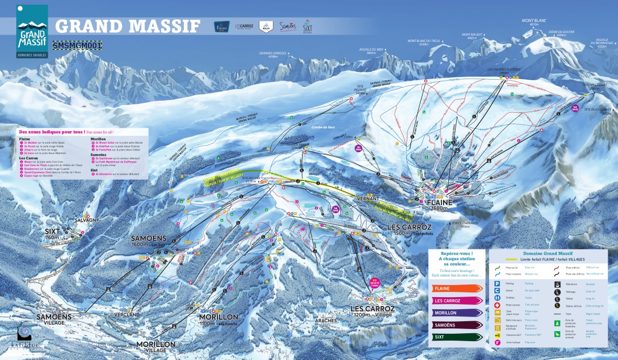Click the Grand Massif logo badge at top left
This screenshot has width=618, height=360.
(32, 32)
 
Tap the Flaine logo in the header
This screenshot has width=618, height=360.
(222, 26)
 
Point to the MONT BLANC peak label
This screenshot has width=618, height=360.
(534, 21)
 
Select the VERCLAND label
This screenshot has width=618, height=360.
(127, 314)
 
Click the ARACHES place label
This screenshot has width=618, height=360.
(325, 320)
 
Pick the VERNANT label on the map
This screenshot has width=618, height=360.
(367, 199)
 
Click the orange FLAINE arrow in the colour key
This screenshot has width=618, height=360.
(456, 288)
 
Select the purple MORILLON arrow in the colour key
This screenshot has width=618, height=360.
(456, 313)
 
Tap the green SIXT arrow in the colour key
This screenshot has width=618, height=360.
(456, 337)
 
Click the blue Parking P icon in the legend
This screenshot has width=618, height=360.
(496, 283)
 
